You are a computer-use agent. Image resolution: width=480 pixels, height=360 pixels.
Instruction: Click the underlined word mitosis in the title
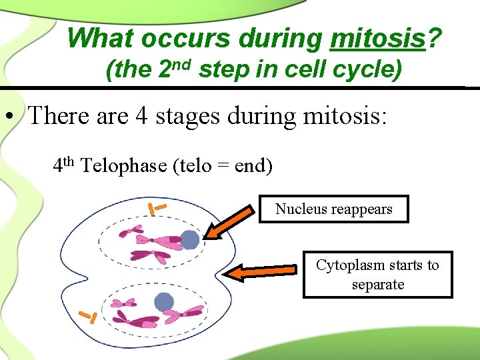(x=378, y=39)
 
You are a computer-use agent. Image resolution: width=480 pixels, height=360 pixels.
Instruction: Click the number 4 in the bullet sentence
(x=142, y=116)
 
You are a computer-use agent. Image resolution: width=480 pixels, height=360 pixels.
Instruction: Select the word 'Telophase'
(x=124, y=165)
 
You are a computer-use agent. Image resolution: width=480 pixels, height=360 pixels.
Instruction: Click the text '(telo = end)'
(x=223, y=165)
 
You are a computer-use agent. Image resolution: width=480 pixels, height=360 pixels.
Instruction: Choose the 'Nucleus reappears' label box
(x=333, y=209)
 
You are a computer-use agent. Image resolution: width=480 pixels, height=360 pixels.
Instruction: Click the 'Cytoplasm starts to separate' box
(x=377, y=274)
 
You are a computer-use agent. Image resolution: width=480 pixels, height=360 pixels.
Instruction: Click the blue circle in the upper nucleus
(x=191, y=239)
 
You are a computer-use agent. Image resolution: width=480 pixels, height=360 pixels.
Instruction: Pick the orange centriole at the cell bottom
(x=88, y=315)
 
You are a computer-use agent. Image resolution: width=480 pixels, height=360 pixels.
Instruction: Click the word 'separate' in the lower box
(x=378, y=284)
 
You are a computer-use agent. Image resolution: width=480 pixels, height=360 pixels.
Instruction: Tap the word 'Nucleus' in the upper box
(x=301, y=209)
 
